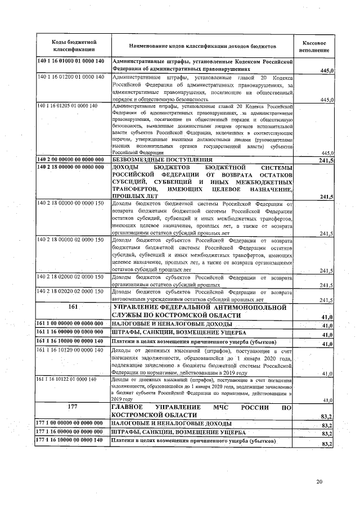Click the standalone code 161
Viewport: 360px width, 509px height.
[72, 308]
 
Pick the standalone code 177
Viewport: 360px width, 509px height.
[72, 406]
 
